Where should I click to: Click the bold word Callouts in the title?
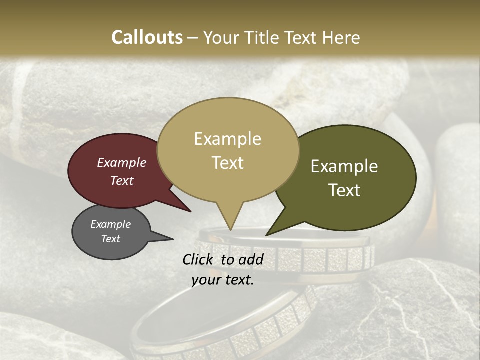(147, 37)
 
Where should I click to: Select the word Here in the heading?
(341, 37)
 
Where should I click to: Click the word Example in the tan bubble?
(227, 139)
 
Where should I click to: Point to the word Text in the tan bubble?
(227, 163)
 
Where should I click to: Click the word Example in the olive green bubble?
(344, 166)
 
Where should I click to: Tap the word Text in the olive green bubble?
(344, 190)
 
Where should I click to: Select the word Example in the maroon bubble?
(122, 163)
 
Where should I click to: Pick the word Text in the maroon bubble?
(122, 180)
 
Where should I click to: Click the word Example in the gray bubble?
(111, 224)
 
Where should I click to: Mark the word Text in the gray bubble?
(111, 239)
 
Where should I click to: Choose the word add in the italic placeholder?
(251, 259)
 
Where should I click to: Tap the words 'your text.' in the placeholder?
(223, 280)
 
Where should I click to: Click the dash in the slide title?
(193, 38)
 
